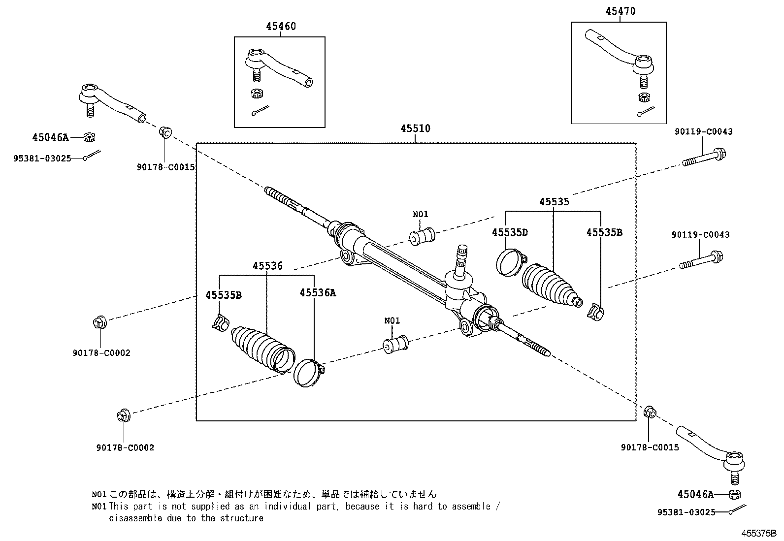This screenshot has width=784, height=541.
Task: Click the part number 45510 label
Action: click(415, 128)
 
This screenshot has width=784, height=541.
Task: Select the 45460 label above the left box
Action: click(281, 26)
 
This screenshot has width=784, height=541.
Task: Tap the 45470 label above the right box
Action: click(621, 11)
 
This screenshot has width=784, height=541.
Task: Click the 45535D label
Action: click(509, 232)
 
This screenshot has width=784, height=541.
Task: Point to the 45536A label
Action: click(318, 292)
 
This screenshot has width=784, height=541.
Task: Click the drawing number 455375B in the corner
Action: click(759, 533)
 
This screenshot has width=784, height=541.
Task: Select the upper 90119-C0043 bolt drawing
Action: click(704, 158)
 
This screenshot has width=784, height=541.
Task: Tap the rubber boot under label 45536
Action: click(261, 350)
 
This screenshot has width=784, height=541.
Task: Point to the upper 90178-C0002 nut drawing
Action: click(98, 323)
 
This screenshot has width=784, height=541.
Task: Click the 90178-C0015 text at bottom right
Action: click(650, 447)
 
